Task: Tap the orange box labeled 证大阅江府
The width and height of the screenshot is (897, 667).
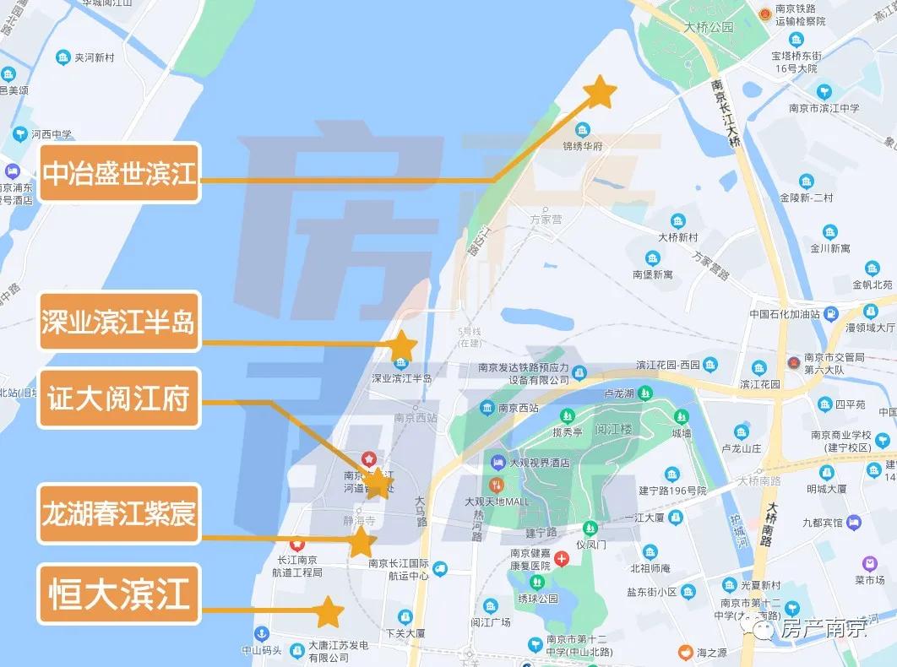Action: click(x=119, y=398)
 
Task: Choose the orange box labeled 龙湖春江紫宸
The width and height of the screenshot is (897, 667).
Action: click(x=119, y=512)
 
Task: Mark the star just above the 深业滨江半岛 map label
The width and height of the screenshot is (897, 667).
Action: click(x=401, y=346)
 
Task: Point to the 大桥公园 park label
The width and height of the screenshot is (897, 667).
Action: click(x=709, y=27)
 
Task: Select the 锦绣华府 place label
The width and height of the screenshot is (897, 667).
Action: click(x=583, y=145)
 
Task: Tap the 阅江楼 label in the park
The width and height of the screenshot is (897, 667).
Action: click(x=613, y=429)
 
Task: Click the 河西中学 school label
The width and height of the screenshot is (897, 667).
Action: click(x=51, y=133)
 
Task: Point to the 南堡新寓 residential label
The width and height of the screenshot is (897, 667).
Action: click(x=653, y=274)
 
